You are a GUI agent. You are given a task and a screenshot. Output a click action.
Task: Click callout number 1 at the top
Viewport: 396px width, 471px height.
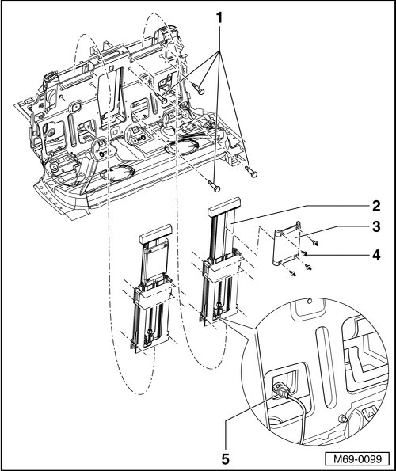click(x=220, y=19)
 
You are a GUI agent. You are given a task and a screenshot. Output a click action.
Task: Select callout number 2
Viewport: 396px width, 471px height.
click(x=376, y=206)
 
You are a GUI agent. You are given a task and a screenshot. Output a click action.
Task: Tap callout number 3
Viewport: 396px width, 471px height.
click(x=376, y=226)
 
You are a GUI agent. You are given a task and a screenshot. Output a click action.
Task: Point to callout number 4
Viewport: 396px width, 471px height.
click(x=376, y=256)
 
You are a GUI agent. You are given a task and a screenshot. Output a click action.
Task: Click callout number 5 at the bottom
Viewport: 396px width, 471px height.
click(x=226, y=459)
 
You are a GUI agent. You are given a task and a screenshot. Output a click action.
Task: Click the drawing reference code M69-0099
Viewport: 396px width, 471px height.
click(x=358, y=459)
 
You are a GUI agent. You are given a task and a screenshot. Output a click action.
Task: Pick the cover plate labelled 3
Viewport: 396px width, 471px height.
click(x=287, y=243)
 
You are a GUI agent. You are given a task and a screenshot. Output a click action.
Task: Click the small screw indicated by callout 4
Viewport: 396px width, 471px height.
click(x=304, y=254)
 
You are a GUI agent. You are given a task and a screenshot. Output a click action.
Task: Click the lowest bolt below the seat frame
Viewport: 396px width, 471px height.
click(x=214, y=186)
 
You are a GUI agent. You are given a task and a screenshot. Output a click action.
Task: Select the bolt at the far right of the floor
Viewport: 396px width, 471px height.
click(x=251, y=172)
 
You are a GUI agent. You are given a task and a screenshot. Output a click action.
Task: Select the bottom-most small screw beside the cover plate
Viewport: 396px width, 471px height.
click(x=292, y=273)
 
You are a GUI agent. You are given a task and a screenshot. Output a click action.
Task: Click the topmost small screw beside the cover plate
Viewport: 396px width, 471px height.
click(x=315, y=243)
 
